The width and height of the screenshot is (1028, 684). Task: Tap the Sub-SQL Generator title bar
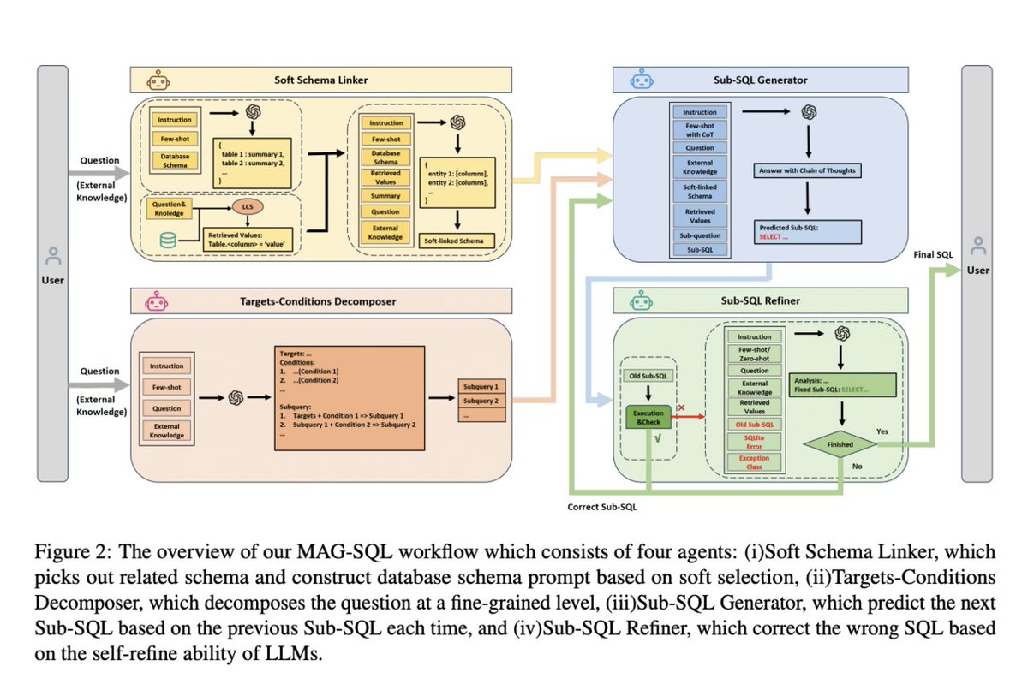[771, 80]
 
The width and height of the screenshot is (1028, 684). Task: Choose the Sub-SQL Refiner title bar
[771, 301]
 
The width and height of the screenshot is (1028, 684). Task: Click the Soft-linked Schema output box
[454, 241]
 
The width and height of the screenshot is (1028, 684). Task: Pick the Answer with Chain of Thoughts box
[807, 170]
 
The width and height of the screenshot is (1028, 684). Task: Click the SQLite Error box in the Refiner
[754, 440]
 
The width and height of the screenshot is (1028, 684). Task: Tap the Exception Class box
[754, 463]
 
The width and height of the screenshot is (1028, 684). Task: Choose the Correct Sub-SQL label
[601, 507]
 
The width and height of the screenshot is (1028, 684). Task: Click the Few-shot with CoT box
[700, 129]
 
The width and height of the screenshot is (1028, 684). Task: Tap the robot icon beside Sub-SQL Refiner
[638, 301]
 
